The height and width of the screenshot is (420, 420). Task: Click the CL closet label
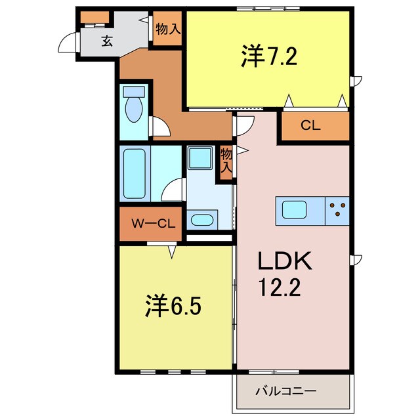pos(311,126)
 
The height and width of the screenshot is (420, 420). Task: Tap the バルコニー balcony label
pos(285,391)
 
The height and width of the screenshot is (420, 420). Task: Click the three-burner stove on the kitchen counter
pos(337,209)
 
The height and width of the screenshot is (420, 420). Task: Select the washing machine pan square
pos(199,158)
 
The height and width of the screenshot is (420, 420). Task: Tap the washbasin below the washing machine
pos(200,219)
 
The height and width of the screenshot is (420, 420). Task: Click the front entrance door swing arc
pos(68,43)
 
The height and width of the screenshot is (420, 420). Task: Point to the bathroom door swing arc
pos(173,191)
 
